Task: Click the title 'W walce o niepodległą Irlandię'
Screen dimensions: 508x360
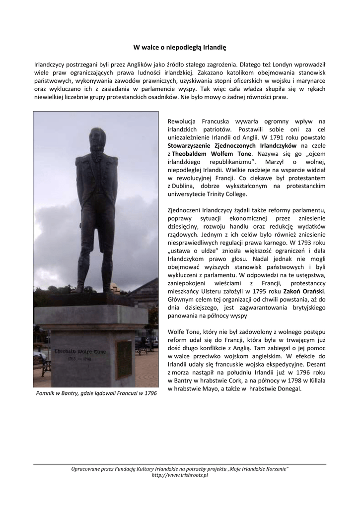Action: [x=180, y=48]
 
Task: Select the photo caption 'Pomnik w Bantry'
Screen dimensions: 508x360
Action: [x=96, y=393]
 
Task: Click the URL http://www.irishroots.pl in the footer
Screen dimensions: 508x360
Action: [x=180, y=475]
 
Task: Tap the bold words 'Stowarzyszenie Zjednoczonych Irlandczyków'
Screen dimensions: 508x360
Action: [x=232, y=145]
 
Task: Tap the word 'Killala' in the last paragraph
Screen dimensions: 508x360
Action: [x=315, y=380]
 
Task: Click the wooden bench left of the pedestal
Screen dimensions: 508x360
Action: [x=45, y=368]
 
